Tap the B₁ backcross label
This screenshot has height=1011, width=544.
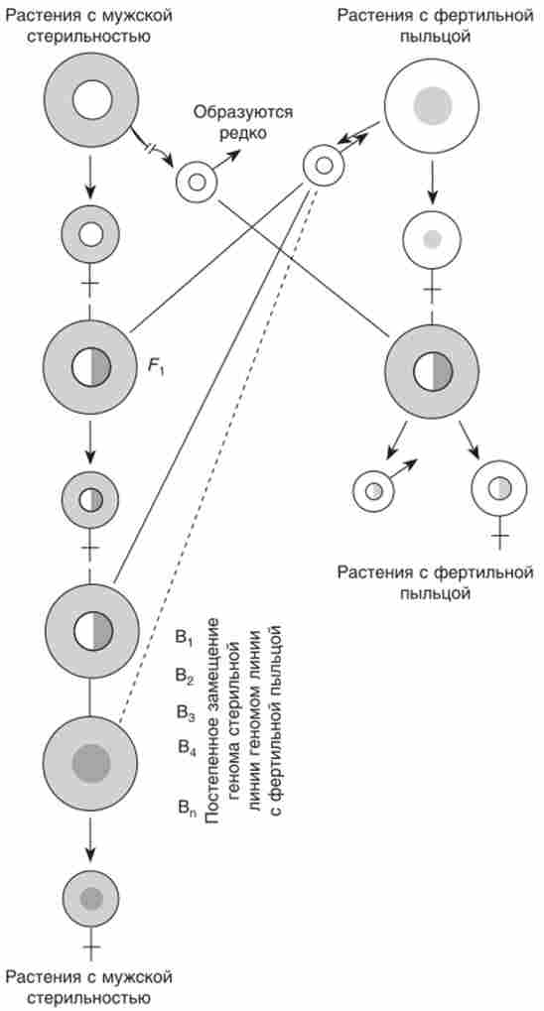(x=184, y=637)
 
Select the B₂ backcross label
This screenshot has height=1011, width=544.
(x=185, y=675)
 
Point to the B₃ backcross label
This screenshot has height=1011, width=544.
(x=186, y=711)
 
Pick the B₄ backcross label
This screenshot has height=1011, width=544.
(x=188, y=748)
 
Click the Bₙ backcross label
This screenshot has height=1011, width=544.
(x=188, y=808)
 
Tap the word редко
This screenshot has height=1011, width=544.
(x=242, y=133)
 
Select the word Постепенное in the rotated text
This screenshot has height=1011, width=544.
(x=209, y=761)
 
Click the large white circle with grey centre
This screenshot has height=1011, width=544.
(x=432, y=103)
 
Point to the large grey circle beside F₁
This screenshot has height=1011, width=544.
(x=90, y=367)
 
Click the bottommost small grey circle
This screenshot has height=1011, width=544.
(x=91, y=898)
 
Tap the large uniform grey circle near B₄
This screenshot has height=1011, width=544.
(x=91, y=763)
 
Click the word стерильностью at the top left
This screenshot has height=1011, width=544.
(x=89, y=35)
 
